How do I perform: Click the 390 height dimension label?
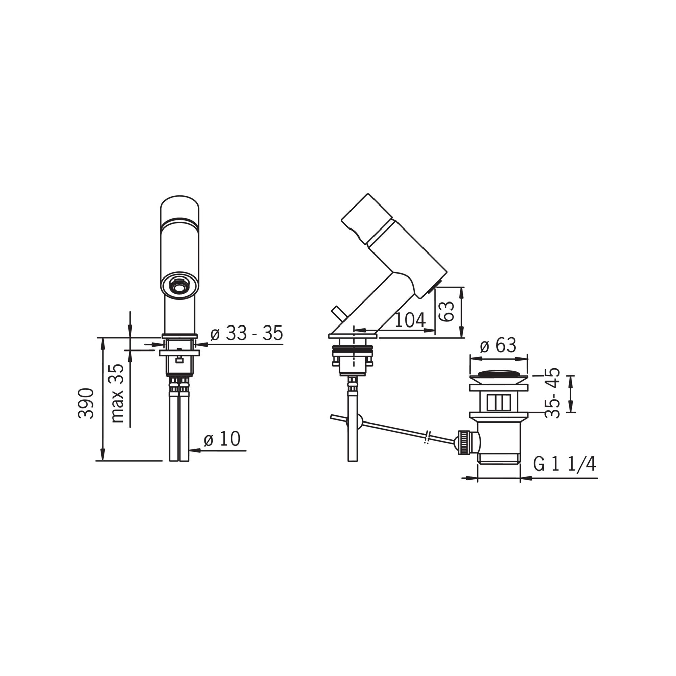(86, 403)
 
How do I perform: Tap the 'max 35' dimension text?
(118, 393)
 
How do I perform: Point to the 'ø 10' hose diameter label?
(222, 439)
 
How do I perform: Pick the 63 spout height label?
(449, 311)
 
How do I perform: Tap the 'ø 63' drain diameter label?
(498, 345)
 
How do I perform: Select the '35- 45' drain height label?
(553, 392)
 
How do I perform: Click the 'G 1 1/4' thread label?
(565, 464)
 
